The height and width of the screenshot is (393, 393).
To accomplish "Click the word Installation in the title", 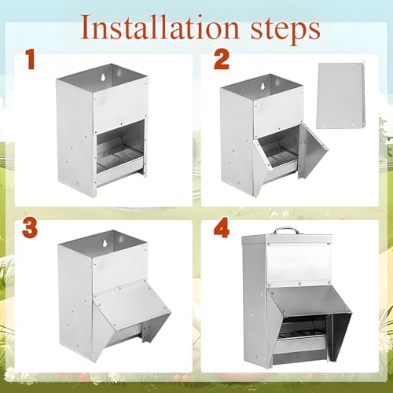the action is (x=160, y=28).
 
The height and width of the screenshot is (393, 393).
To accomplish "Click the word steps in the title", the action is (x=285, y=30).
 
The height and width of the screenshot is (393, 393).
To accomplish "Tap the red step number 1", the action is (x=30, y=60).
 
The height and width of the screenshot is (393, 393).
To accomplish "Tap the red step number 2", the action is (x=222, y=60).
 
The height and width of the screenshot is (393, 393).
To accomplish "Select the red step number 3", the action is (x=30, y=228).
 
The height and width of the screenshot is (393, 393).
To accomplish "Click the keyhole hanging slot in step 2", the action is (x=263, y=87).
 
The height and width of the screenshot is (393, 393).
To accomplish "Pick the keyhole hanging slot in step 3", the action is (x=105, y=243).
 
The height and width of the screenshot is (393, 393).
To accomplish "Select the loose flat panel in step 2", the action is (x=340, y=95).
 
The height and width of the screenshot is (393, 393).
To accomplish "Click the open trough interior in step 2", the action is (x=277, y=152).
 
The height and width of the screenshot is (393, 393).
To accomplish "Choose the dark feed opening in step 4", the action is (x=305, y=328).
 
